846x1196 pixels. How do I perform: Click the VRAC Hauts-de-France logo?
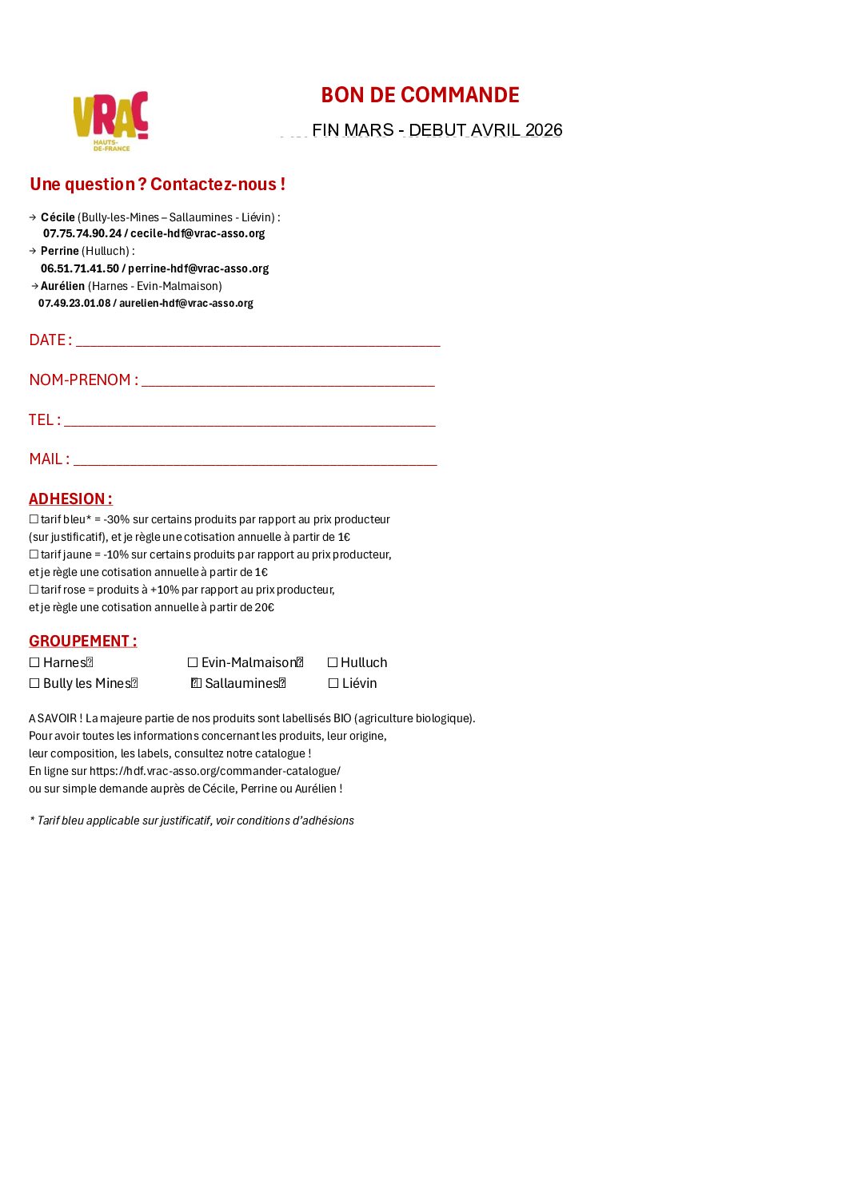pyautogui.click(x=110, y=121)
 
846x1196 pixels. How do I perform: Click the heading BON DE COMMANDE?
pyautogui.click(x=420, y=95)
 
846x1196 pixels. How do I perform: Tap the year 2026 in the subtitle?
pyautogui.click(x=544, y=130)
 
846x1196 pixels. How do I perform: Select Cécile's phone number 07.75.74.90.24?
pyautogui.click(x=82, y=233)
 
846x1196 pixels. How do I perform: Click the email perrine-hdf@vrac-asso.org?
pyautogui.click(x=198, y=268)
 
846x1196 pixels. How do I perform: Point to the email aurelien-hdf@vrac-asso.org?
pyautogui.click(x=186, y=304)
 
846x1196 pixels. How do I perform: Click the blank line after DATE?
pyautogui.click(x=257, y=341)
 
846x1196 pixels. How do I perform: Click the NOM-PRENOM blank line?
pyautogui.click(x=288, y=381)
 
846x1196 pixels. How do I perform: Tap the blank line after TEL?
pyautogui.click(x=249, y=421)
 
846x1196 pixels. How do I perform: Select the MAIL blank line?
pyautogui.click(x=254, y=460)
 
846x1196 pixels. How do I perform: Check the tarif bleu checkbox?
pyautogui.click(x=34, y=519)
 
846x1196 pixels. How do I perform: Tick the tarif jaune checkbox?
pyautogui.click(x=34, y=554)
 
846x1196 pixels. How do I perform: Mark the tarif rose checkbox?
pyautogui.click(x=34, y=590)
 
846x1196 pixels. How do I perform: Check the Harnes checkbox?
pyautogui.click(x=34, y=662)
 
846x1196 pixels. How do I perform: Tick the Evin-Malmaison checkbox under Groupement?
pyautogui.click(x=193, y=662)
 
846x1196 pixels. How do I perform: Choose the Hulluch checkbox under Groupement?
pyautogui.click(x=333, y=662)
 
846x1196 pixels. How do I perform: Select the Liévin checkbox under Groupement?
pyautogui.click(x=333, y=683)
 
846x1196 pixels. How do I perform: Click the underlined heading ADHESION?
pyautogui.click(x=70, y=499)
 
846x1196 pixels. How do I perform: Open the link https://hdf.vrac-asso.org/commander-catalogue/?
pyautogui.click(x=215, y=771)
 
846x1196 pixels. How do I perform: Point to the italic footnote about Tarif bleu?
pyautogui.click(x=192, y=821)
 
